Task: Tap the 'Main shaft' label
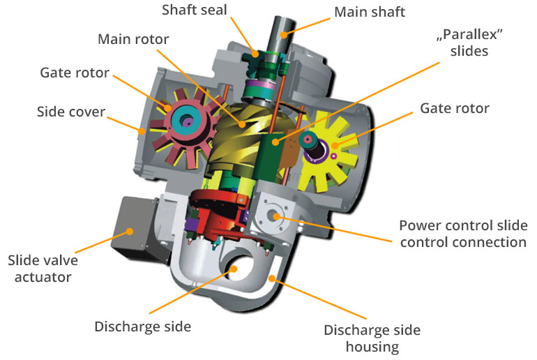click(x=369, y=12)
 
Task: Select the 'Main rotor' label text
click(x=133, y=39)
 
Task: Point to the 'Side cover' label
click(x=71, y=112)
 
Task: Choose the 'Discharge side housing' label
click(x=372, y=338)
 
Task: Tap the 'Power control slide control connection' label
click(x=463, y=234)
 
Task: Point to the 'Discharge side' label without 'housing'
click(x=142, y=326)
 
